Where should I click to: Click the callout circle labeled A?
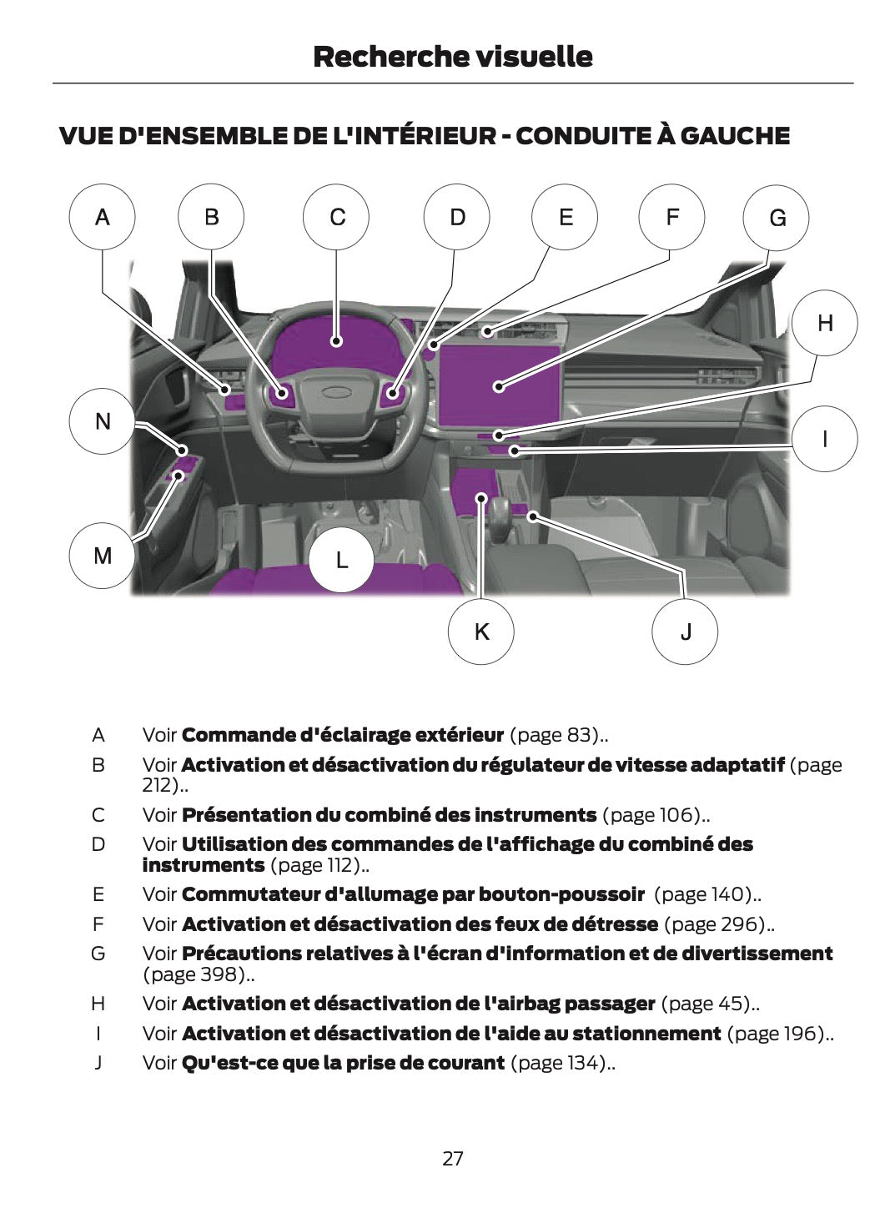(102, 218)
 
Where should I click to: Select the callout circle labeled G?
(777, 219)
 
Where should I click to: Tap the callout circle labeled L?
(342, 560)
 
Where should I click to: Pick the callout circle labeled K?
(481, 632)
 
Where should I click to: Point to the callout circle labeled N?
(103, 421)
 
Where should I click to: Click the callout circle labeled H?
(824, 324)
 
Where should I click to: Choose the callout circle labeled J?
(685, 632)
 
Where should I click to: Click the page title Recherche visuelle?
(453, 57)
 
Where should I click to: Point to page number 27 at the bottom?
(453, 1158)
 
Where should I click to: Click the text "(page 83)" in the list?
(554, 735)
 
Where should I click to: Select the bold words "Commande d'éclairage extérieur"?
(342, 735)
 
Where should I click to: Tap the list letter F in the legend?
(98, 924)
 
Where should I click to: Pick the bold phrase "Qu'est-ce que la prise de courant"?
(343, 1062)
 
